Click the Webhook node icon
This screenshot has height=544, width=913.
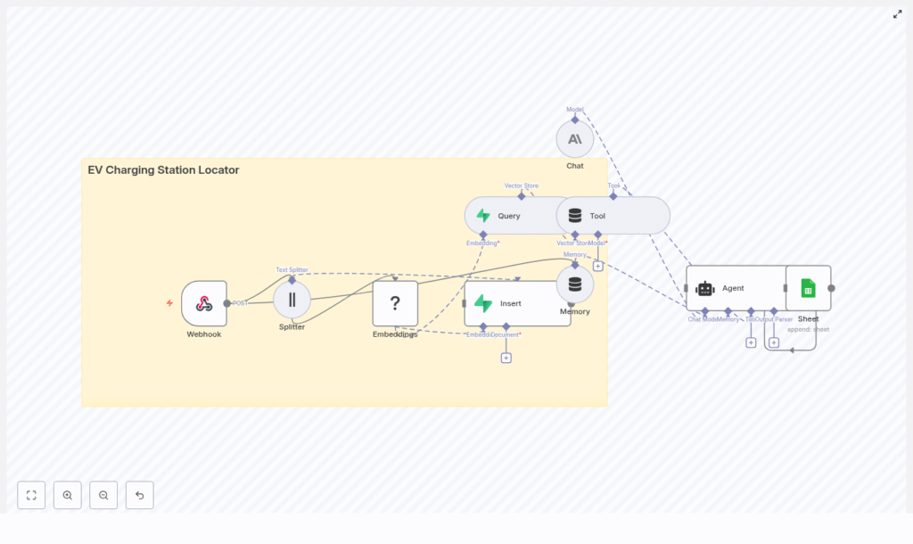[x=204, y=303]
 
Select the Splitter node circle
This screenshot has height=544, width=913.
[x=292, y=300]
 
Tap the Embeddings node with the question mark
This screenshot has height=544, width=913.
[x=395, y=303]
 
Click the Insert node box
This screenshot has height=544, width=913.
[x=517, y=303]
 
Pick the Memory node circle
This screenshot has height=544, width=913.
[x=575, y=284]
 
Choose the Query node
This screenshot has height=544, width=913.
[x=508, y=216]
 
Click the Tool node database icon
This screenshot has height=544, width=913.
[x=575, y=216]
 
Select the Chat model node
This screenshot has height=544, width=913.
[x=575, y=139]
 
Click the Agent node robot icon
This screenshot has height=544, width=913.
[x=705, y=288]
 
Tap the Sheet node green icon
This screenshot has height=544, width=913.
[x=808, y=288]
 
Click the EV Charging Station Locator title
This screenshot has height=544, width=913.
[x=163, y=170]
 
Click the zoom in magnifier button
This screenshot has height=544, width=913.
[x=68, y=495]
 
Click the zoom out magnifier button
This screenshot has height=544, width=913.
[x=103, y=495]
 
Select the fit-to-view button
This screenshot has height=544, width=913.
[x=31, y=495]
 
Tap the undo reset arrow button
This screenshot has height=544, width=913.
[x=139, y=495]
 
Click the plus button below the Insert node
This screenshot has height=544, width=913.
[x=506, y=358]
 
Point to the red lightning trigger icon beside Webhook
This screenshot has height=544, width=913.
[x=169, y=303]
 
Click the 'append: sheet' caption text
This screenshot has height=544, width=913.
[x=808, y=329]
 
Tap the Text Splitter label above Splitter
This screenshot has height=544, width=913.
[x=292, y=269]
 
